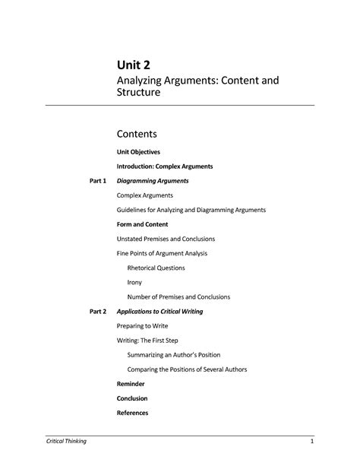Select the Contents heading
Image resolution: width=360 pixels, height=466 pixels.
(141, 134)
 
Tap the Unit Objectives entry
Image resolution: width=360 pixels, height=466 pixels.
(137, 152)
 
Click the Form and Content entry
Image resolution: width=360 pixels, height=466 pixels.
(142, 224)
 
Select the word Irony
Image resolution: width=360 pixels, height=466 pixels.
(135, 282)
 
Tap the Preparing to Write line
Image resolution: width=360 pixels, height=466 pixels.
(143, 326)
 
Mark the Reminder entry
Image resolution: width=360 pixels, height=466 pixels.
(131, 384)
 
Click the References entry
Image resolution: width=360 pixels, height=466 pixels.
(132, 413)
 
